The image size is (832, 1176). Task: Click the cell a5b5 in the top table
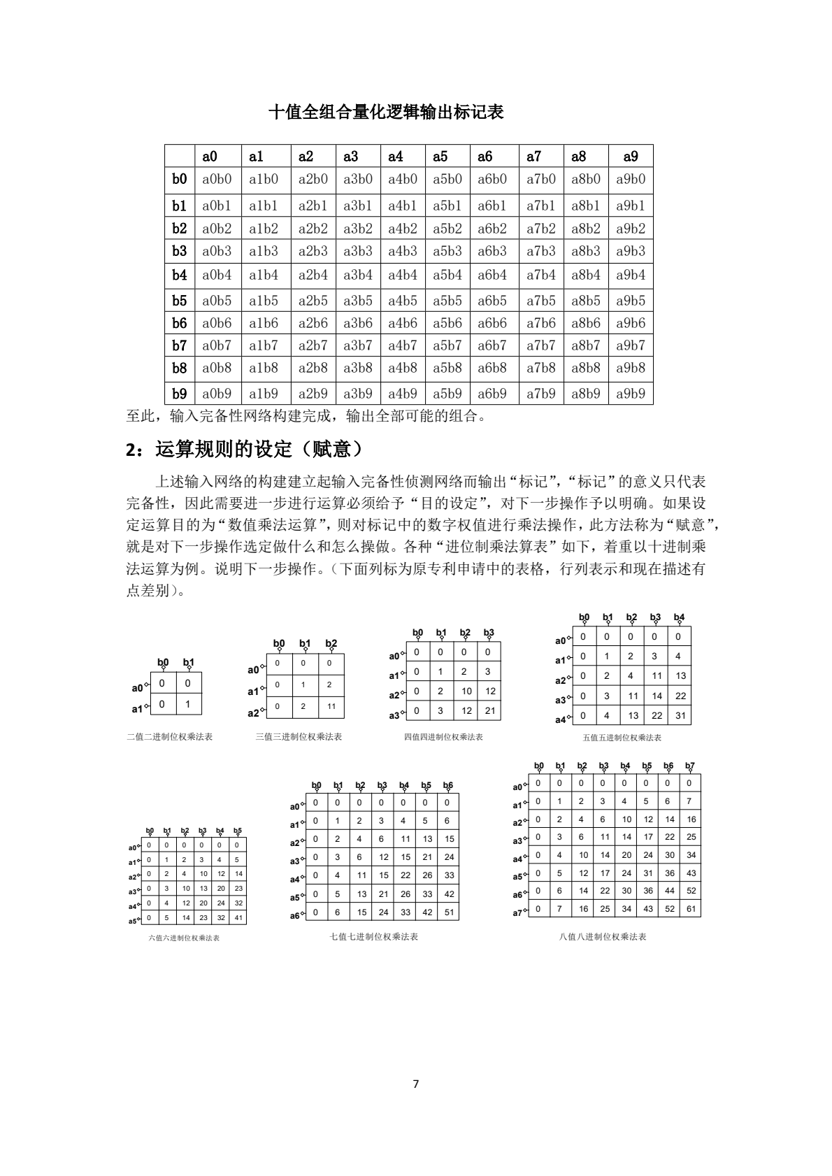pyautogui.click(x=447, y=301)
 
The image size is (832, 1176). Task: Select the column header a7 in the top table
pyautogui.click(x=534, y=157)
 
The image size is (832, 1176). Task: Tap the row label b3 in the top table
pyautogui.click(x=180, y=251)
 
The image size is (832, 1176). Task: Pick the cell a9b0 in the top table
pyautogui.click(x=631, y=179)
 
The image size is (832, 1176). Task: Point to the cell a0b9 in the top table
pyautogui.click(x=217, y=393)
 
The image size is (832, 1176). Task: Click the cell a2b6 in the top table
pyautogui.click(x=313, y=323)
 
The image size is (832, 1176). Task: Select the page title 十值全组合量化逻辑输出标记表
pyautogui.click(x=386, y=112)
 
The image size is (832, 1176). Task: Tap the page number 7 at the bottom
pyautogui.click(x=416, y=1084)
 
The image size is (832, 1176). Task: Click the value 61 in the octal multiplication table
pyautogui.click(x=691, y=908)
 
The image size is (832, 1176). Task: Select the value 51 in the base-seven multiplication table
pyautogui.click(x=449, y=912)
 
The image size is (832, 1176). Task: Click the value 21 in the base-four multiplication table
pyautogui.click(x=490, y=710)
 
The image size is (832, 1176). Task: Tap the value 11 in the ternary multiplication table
pyautogui.click(x=331, y=707)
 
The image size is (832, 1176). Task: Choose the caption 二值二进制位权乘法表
pyautogui.click(x=170, y=736)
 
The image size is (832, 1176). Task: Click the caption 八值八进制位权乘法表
pyautogui.click(x=603, y=936)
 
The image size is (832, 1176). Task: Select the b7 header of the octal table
pyautogui.click(x=690, y=766)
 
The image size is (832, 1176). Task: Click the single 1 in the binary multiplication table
pyautogui.click(x=187, y=704)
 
